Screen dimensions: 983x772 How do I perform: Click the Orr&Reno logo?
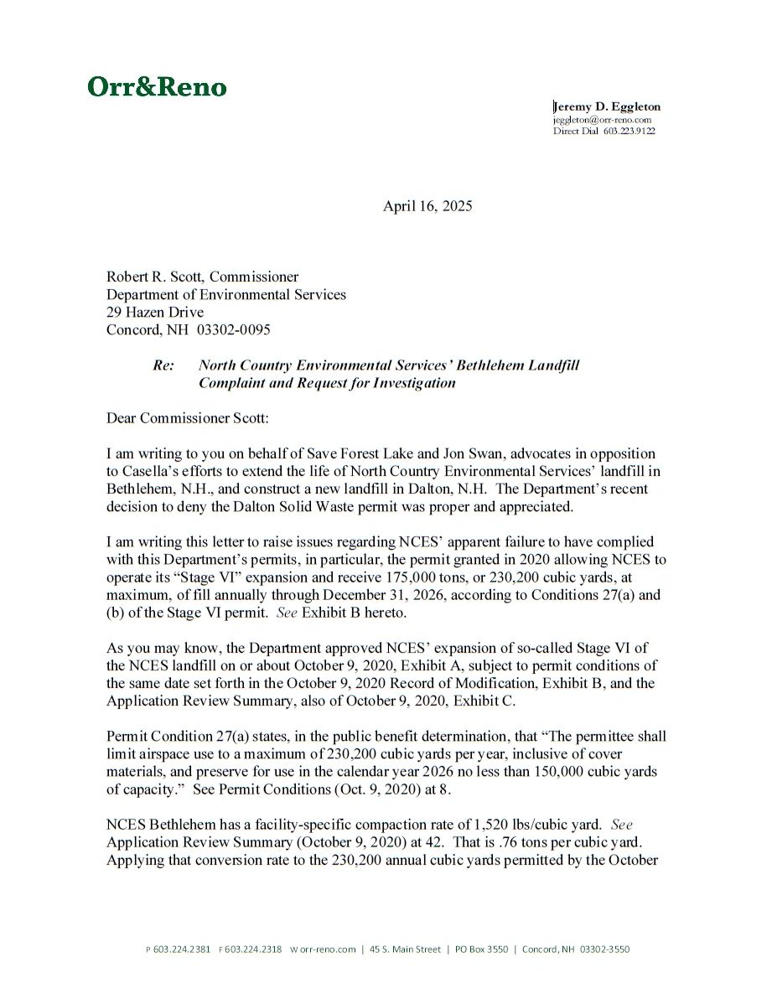pyautogui.click(x=157, y=87)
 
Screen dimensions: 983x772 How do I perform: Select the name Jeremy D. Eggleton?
pyautogui.click(x=607, y=106)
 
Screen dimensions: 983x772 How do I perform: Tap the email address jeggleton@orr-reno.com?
pyautogui.click(x=602, y=120)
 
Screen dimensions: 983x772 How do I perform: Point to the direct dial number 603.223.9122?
pyautogui.click(x=629, y=132)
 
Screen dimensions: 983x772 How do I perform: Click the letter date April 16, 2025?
pyautogui.click(x=427, y=206)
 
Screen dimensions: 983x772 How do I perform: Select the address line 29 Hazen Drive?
pyautogui.click(x=155, y=312)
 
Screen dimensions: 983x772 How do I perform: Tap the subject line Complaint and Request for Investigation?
pyautogui.click(x=327, y=383)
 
